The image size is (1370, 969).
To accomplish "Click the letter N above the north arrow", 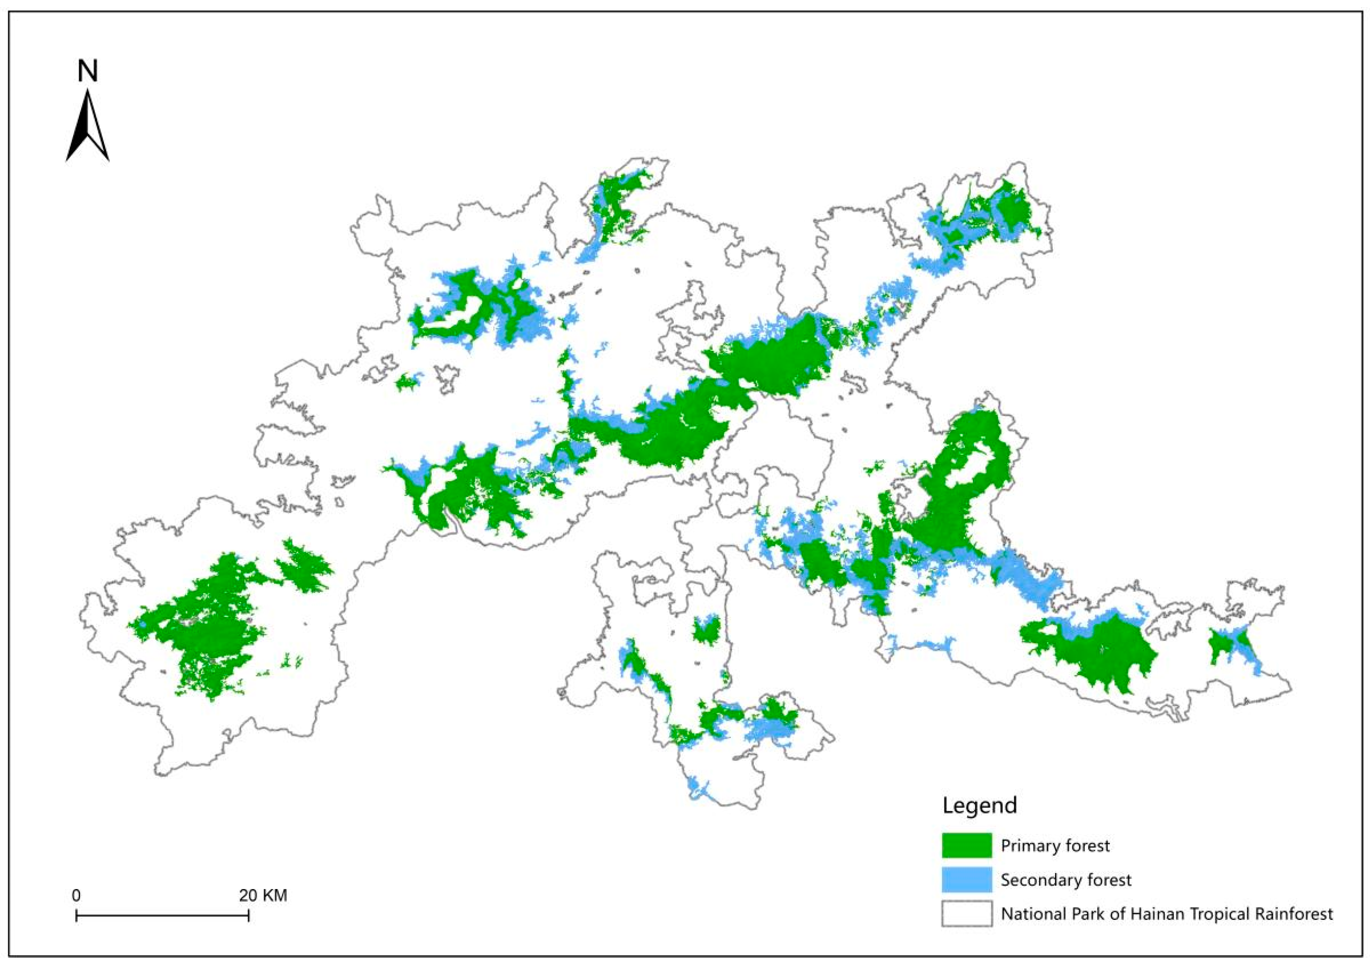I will (x=88, y=71).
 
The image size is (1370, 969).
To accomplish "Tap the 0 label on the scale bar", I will (x=76, y=895).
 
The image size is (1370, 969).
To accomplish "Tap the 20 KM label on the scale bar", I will (x=263, y=895).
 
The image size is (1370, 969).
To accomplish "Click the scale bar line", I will (x=162, y=915).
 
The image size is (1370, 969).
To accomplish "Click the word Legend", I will (x=980, y=805).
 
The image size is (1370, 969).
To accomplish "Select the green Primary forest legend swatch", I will (x=967, y=846).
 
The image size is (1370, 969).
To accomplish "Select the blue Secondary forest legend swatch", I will (x=967, y=880).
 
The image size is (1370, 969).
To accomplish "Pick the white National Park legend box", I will (x=967, y=913).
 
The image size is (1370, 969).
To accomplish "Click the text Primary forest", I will (x=1055, y=846).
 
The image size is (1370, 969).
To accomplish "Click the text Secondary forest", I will (x=1066, y=880).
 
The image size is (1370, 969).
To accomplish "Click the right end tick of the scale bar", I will (x=248, y=915).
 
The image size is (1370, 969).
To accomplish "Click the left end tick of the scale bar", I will (x=76, y=915).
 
